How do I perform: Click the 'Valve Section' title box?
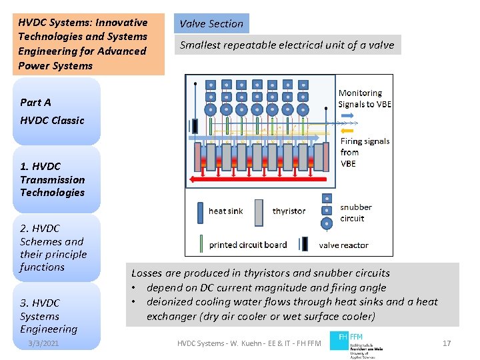[211, 24]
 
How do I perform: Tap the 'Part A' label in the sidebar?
[35, 103]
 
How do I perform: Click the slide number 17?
[447, 343]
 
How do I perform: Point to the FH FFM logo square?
[338, 337]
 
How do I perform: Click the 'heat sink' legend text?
[226, 211]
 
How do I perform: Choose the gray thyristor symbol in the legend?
[259, 211]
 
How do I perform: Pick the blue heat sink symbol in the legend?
[199, 212]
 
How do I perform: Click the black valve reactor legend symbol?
[303, 245]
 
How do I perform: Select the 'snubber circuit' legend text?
[355, 213]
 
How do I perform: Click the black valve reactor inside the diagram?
[194, 126]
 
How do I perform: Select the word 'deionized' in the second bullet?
[169, 302]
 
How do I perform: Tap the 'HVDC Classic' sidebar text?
[52, 121]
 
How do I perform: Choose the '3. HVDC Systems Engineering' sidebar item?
[49, 316]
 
